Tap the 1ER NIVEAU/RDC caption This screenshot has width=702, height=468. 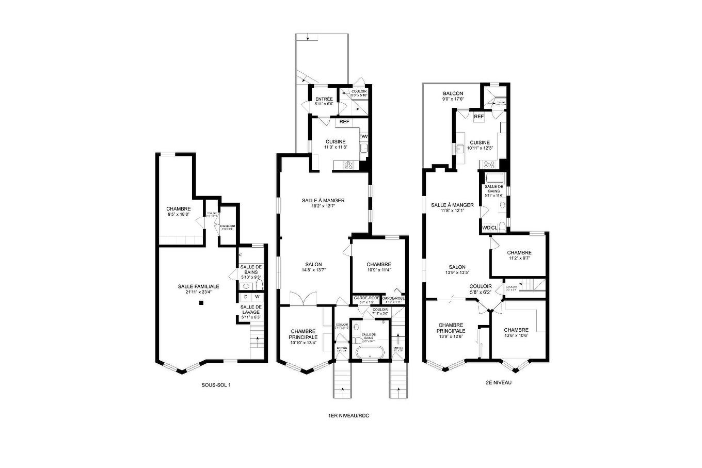point(348,416)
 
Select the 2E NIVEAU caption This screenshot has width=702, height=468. point(498,383)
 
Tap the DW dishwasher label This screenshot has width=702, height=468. point(363,137)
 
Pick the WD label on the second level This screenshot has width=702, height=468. point(486,228)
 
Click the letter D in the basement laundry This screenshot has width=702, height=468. point(246,297)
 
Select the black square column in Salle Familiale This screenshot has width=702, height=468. point(202,304)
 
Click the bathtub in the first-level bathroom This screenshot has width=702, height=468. point(370,353)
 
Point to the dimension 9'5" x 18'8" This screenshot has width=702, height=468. point(178,214)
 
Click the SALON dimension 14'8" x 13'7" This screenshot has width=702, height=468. point(313,270)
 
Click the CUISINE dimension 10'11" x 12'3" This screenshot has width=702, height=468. point(480,148)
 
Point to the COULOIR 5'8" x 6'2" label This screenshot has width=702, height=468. point(480,289)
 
